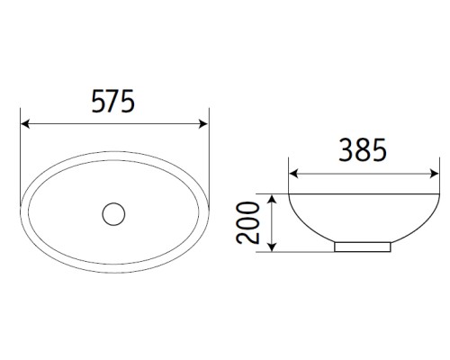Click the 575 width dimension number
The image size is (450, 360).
tap(113, 103)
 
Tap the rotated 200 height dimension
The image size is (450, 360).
tap(251, 222)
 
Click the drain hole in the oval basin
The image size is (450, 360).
tap(113, 214)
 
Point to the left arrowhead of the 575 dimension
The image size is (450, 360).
tap(25, 125)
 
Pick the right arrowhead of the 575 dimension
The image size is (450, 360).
tap(203, 125)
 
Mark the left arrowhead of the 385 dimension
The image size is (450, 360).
tap(292, 174)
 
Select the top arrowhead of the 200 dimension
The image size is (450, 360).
tap(272, 197)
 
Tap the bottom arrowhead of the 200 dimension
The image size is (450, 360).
tap(272, 247)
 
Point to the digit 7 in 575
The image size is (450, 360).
tap(113, 103)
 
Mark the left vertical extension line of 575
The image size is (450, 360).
tap(20, 144)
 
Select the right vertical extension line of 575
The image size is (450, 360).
tap(209, 144)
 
